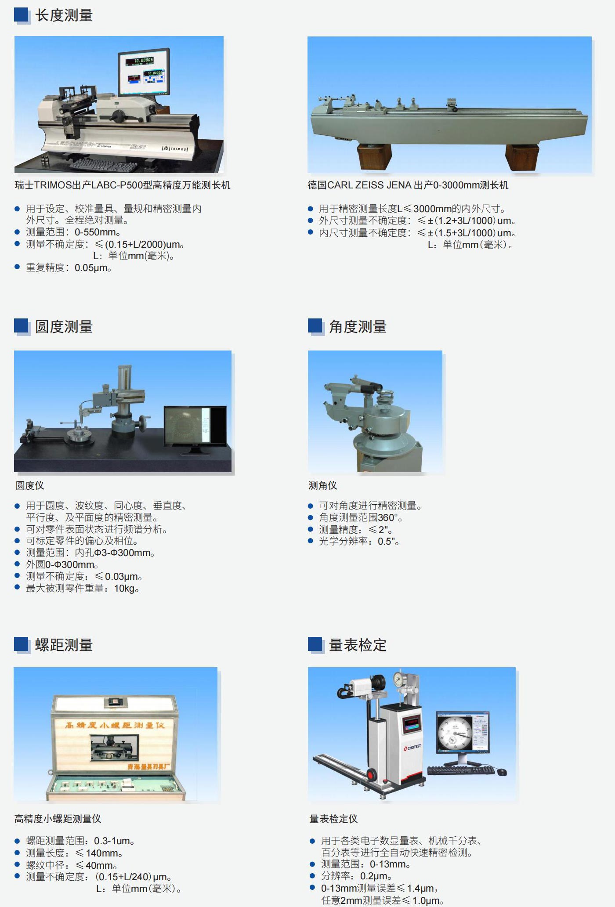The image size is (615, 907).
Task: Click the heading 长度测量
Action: (x=64, y=16)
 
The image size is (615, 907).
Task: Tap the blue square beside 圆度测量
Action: (x=22, y=326)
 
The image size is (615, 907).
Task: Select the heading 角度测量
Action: (x=358, y=327)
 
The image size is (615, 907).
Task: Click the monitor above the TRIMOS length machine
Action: (x=143, y=72)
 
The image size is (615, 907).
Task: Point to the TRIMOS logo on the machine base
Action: (x=175, y=149)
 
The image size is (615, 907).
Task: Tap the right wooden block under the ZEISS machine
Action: (x=522, y=157)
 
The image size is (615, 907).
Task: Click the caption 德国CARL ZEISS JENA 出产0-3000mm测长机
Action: (x=408, y=185)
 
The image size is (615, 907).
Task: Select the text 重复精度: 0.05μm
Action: (x=69, y=268)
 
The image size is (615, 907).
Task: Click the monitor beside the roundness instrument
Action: (x=195, y=425)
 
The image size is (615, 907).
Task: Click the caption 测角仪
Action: (x=322, y=486)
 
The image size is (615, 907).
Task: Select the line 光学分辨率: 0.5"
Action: (x=359, y=542)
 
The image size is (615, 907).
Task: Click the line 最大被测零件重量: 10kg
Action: (x=83, y=589)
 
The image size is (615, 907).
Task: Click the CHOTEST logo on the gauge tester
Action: (x=412, y=747)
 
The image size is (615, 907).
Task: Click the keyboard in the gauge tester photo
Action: (x=460, y=770)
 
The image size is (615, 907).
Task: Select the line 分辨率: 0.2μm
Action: (x=356, y=876)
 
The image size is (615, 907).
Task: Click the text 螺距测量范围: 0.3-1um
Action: (x=80, y=841)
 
